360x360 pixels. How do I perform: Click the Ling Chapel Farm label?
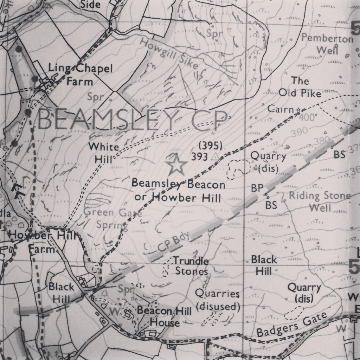[x=81, y=75]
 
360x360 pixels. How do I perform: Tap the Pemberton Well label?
[x=327, y=44]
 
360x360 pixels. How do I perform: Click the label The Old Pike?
[x=300, y=87]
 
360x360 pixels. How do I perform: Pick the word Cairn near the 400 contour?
[x=281, y=109]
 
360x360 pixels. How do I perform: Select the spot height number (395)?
[x=210, y=146]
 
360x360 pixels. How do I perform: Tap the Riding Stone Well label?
[x=320, y=201]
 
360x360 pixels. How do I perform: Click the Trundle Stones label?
[x=191, y=266]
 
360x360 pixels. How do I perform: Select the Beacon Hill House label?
[x=165, y=316]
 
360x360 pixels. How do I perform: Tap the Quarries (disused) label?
[x=218, y=300]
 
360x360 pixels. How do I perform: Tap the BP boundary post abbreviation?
[x=257, y=188]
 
